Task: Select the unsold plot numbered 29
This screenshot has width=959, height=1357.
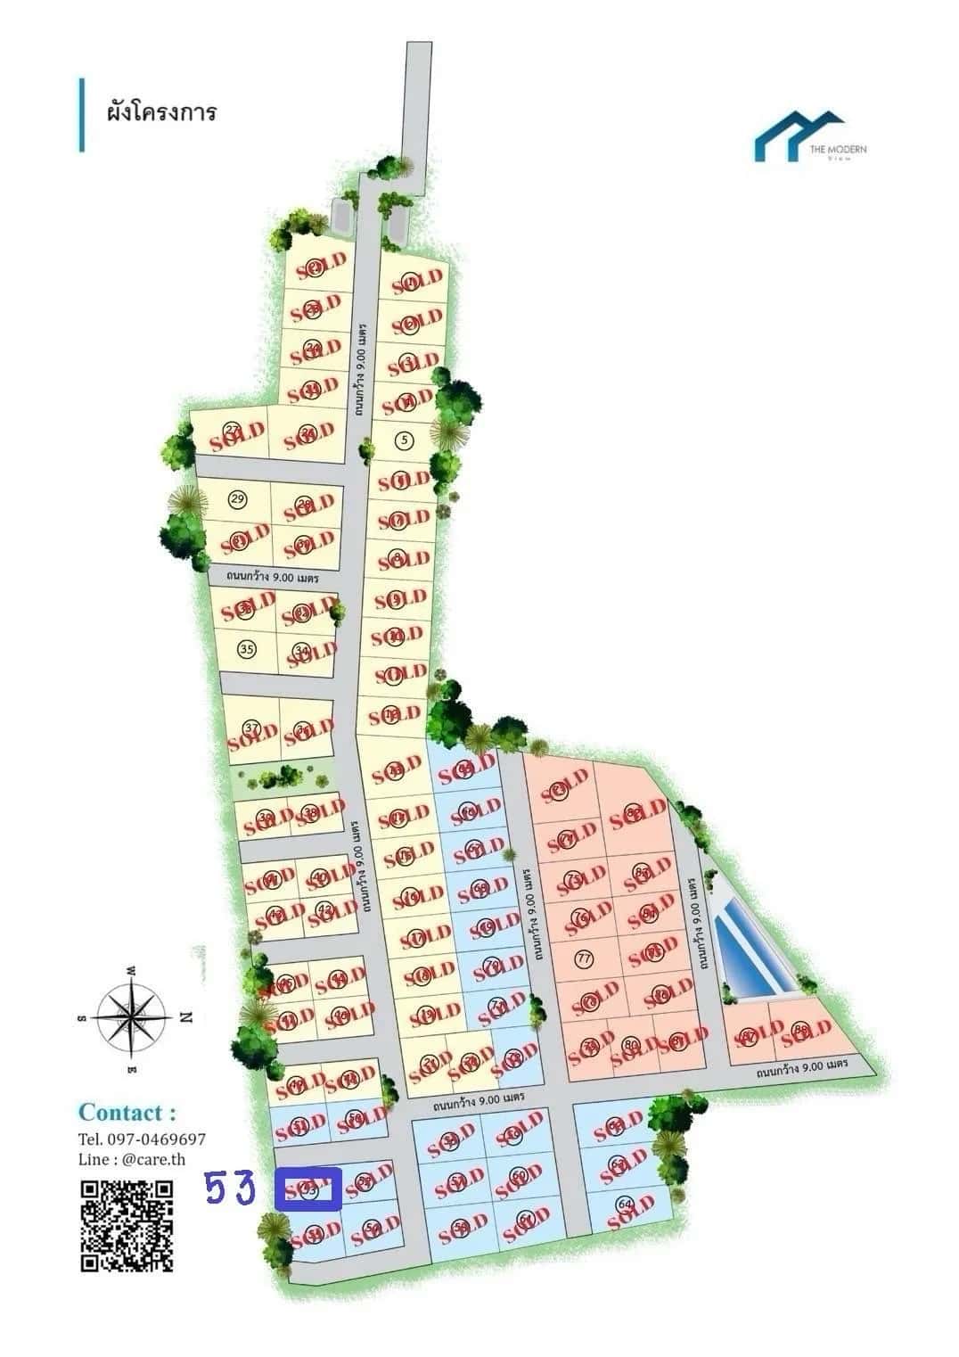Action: [x=237, y=498]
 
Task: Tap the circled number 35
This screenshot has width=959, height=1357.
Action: [x=248, y=648]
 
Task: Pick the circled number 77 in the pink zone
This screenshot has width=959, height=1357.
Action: [x=585, y=959]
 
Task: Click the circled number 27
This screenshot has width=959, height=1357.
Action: [x=232, y=429]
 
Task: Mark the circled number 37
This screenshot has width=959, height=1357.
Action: [x=251, y=728]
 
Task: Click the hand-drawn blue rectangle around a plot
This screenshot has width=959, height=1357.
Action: [x=308, y=1189]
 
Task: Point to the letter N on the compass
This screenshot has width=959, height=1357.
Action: [x=186, y=1016]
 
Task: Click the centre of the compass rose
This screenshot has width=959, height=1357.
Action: [x=133, y=1016]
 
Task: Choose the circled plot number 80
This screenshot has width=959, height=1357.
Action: [x=631, y=1045]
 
